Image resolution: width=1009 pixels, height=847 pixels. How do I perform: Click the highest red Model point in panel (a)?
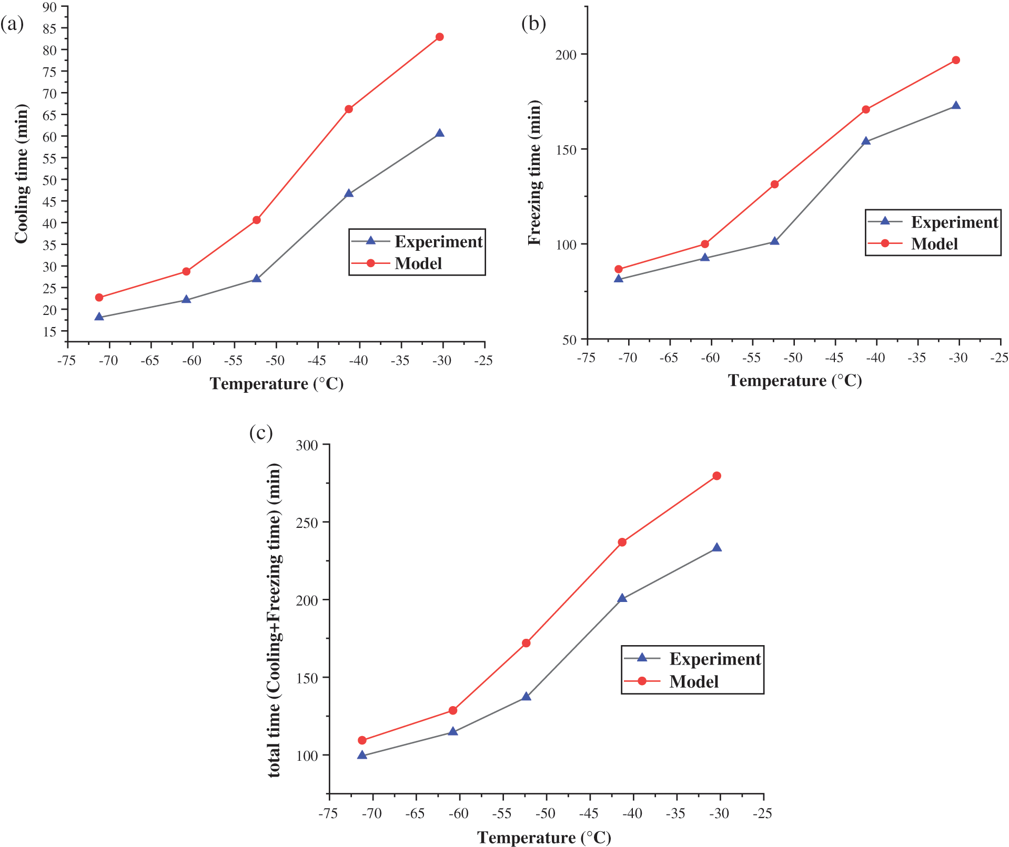pos(439,37)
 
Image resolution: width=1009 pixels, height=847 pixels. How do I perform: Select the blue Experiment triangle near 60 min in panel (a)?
pos(439,134)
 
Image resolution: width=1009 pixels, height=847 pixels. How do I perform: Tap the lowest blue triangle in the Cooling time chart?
pos(99,317)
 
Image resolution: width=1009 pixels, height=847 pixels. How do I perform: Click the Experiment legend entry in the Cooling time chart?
pos(438,241)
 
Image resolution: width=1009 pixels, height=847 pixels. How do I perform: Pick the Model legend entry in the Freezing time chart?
pos(934,244)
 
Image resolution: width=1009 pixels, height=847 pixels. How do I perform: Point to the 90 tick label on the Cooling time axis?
pos(49,7)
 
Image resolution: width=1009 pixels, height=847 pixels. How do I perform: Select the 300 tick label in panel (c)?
pos(307,445)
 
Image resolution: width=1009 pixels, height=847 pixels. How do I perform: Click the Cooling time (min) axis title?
pos(21,174)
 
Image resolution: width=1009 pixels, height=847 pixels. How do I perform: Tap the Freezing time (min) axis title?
pos(534,172)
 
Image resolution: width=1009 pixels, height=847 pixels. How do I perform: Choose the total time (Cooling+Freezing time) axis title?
pos(274,620)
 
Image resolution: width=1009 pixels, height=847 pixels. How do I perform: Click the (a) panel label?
pos(12,24)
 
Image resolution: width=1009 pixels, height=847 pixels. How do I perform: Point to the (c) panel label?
pos(261,433)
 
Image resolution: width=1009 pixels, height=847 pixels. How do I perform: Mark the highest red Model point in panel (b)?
pos(956,60)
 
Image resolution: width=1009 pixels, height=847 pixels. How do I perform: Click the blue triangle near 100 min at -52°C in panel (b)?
pos(774,241)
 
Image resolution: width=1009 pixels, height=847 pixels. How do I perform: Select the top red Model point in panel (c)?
pos(717,476)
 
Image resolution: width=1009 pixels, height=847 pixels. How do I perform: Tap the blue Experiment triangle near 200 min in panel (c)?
pos(622,598)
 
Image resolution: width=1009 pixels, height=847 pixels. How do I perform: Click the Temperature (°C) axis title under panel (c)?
pos(544,838)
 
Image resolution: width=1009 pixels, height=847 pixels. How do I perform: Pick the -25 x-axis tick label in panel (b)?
pos(999,358)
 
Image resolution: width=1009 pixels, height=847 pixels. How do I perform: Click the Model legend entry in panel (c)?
pos(693,681)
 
